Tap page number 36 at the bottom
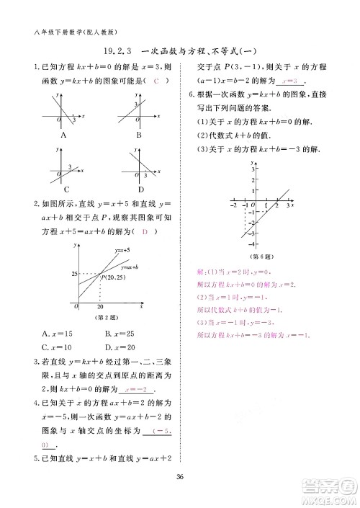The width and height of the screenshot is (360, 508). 181,474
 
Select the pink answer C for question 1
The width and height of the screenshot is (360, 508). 156,81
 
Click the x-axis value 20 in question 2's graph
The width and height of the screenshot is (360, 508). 100,306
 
